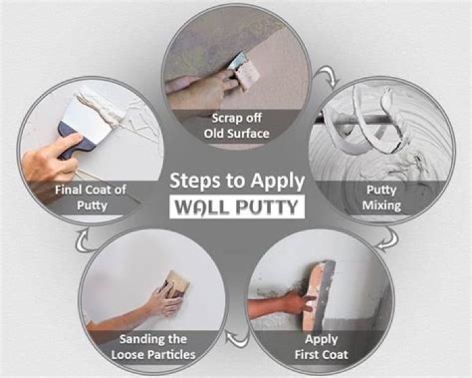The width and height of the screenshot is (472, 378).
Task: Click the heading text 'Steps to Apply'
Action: [237, 180]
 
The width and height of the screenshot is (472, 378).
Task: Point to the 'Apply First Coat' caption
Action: [321, 347]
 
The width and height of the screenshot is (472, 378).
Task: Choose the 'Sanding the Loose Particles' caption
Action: [152, 347]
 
